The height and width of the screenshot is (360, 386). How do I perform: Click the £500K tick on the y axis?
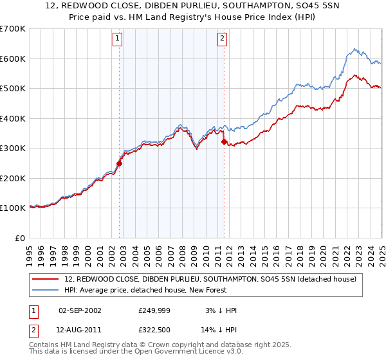coord(13,88)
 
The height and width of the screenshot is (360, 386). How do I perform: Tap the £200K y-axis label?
coord(13,178)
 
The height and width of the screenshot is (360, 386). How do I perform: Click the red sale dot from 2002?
coord(119,163)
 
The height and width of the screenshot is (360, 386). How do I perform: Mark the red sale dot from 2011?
coord(224,141)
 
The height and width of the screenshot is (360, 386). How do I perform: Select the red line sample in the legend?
coord(46,278)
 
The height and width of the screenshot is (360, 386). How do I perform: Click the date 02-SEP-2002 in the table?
coord(80,310)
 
